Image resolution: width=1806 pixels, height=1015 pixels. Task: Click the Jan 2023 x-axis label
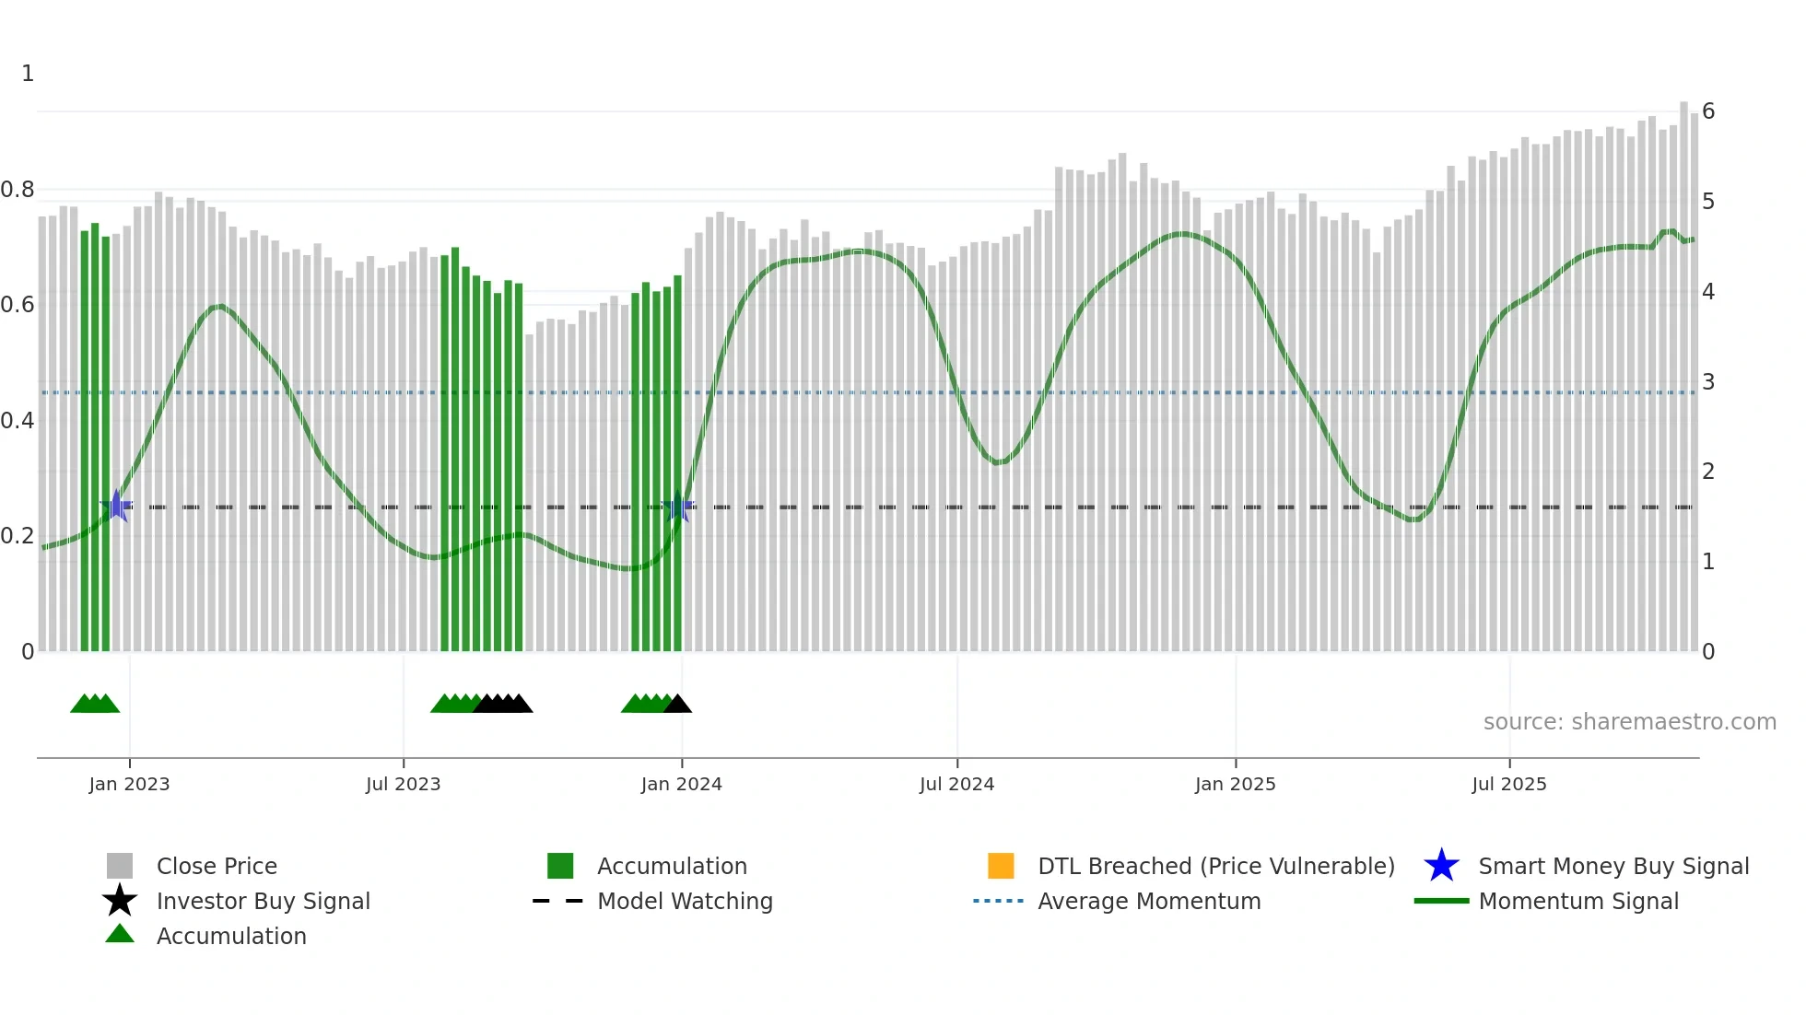click(129, 784)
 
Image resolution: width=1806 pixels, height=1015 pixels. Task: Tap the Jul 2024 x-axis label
click(956, 784)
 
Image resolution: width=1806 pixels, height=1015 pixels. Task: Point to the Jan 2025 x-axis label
click(1235, 784)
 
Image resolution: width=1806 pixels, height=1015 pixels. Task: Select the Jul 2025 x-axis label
click(1508, 784)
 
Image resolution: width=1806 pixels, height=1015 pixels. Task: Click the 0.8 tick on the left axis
click(18, 190)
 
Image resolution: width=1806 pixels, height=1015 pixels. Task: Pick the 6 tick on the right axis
click(1708, 111)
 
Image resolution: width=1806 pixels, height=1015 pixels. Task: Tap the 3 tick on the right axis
click(1708, 381)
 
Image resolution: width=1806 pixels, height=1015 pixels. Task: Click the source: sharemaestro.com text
click(1629, 722)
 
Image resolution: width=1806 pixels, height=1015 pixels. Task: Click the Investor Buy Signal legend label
click(263, 901)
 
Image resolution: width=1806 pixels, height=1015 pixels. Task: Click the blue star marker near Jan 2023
click(117, 506)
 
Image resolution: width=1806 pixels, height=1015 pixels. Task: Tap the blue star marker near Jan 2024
click(679, 507)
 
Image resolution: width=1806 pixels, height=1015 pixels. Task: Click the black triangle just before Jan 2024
click(678, 705)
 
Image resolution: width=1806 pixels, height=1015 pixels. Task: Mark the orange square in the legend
click(1001, 866)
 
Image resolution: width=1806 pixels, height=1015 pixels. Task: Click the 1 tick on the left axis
click(28, 74)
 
